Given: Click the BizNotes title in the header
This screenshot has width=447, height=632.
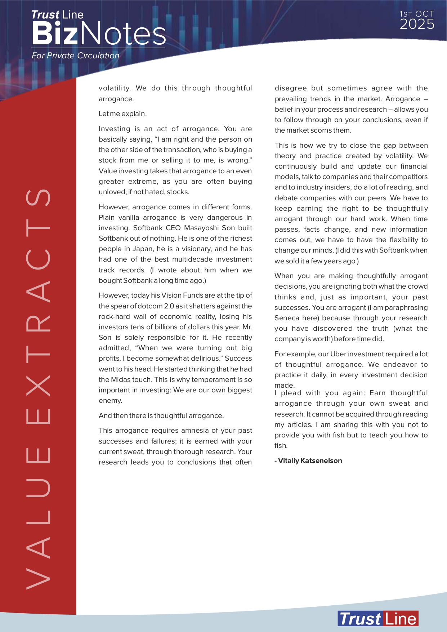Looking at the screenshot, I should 98,33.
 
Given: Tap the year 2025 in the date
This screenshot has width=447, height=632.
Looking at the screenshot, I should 417,25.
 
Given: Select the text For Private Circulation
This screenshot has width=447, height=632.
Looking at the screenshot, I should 75,55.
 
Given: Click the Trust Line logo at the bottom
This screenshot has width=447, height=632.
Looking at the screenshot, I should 378,619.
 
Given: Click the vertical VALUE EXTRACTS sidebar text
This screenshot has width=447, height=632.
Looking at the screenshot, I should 38,389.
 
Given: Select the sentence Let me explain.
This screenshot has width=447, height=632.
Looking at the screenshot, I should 122,114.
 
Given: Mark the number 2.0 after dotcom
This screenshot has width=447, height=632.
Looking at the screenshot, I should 169,306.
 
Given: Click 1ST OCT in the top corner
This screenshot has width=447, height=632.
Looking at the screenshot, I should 417,14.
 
